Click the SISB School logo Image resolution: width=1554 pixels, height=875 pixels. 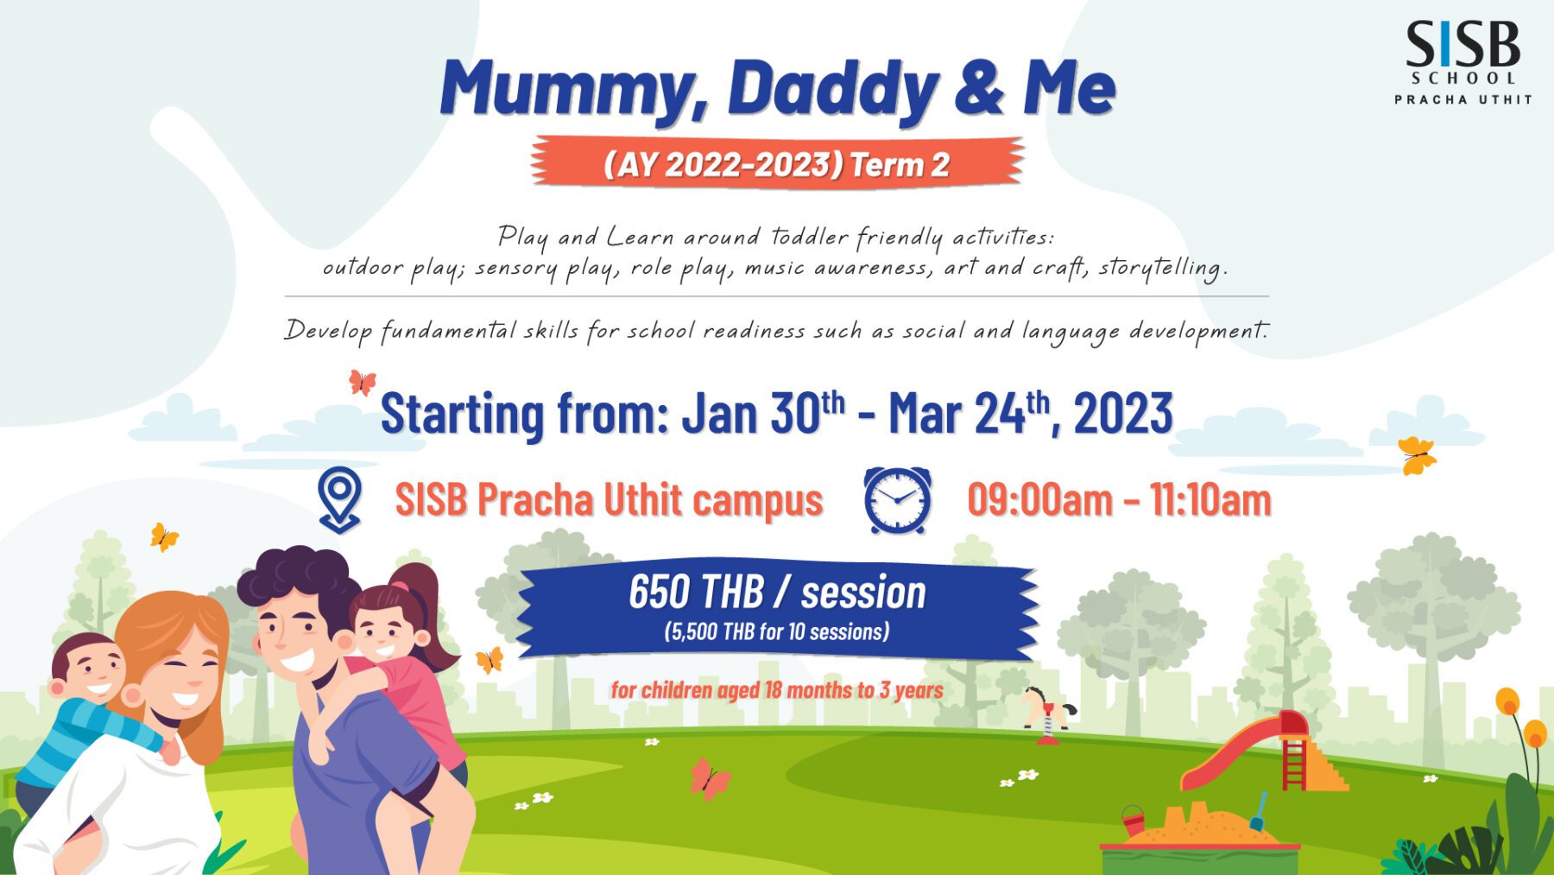tap(1463, 62)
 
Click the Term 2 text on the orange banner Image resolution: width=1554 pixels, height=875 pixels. tap(900, 164)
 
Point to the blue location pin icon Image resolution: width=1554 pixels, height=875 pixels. tap(339, 499)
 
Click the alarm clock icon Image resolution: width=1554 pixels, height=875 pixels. tap(898, 499)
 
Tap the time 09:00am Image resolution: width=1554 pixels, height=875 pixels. tap(1039, 500)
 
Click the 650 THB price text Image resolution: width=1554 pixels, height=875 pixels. tap(696, 592)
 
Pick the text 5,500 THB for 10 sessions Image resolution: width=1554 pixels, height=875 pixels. tap(777, 632)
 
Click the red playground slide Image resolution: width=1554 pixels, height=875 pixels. tap(1243, 751)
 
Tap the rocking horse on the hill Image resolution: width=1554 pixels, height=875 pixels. tap(1048, 713)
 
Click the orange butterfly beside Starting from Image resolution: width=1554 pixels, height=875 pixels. tap(363, 381)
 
